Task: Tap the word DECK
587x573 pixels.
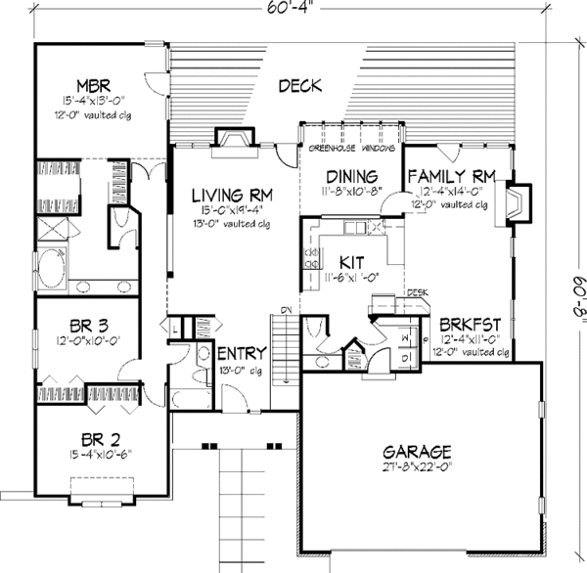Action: (x=301, y=86)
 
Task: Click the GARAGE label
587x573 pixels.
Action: (x=419, y=452)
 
